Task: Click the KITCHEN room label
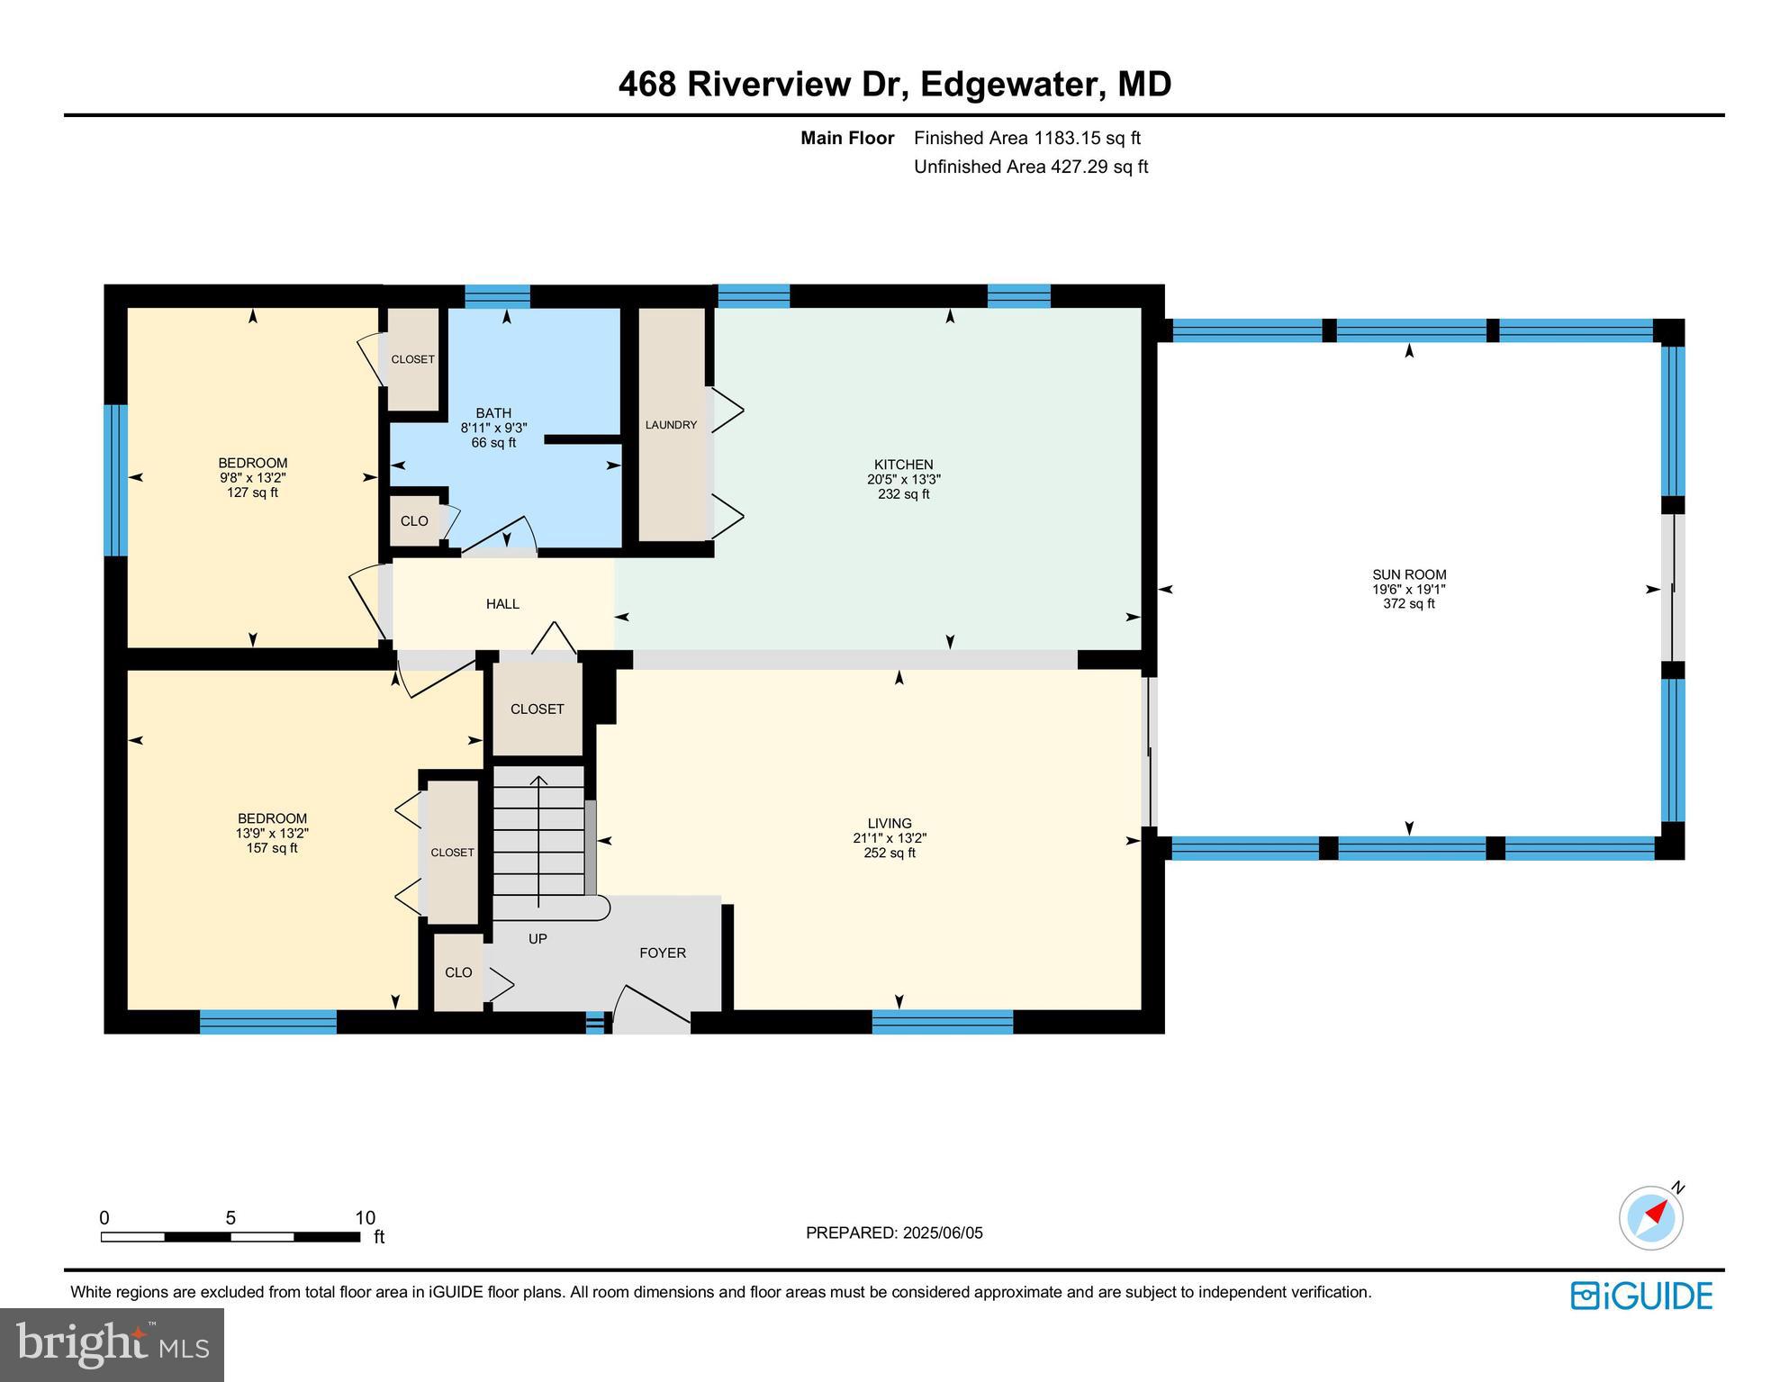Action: pyautogui.click(x=903, y=465)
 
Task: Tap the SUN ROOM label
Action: pyautogui.click(x=1409, y=574)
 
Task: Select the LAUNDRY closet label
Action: pyautogui.click(x=671, y=425)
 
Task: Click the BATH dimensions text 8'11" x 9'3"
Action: pyautogui.click(x=493, y=429)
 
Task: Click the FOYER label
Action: pyautogui.click(x=663, y=953)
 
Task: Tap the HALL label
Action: pyautogui.click(x=502, y=604)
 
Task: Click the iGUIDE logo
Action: pyautogui.click(x=1641, y=1296)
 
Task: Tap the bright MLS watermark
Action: pyautogui.click(x=112, y=1344)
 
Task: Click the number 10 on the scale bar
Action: pyautogui.click(x=365, y=1218)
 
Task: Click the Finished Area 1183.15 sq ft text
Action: pyautogui.click(x=1026, y=138)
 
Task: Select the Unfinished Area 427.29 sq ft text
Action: pyautogui.click(x=1031, y=167)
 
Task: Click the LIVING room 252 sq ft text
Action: pyautogui.click(x=890, y=853)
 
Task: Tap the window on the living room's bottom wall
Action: pyautogui.click(x=942, y=1021)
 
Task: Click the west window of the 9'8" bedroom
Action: pyautogui.click(x=115, y=479)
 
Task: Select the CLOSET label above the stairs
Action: pyautogui.click(x=537, y=709)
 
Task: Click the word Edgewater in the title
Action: pyautogui.click(x=1013, y=85)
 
